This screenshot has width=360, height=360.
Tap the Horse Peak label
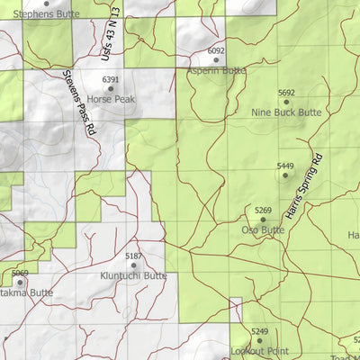(x=112, y=99)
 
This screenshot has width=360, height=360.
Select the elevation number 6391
(x=111, y=80)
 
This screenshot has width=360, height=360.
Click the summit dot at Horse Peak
(x=111, y=89)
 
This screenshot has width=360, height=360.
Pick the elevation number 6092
(x=216, y=51)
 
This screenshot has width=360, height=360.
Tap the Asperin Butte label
(x=217, y=69)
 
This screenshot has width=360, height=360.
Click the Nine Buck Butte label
(x=286, y=112)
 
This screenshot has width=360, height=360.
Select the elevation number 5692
(x=286, y=93)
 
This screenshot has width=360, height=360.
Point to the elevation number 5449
(x=285, y=166)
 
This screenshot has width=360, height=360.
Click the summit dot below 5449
(x=285, y=175)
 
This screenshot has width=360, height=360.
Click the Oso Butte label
(x=263, y=229)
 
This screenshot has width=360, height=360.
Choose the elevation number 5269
(x=263, y=211)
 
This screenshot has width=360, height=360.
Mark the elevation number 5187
(x=133, y=256)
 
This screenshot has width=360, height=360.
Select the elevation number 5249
(x=259, y=331)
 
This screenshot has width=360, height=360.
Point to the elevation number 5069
(x=20, y=273)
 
